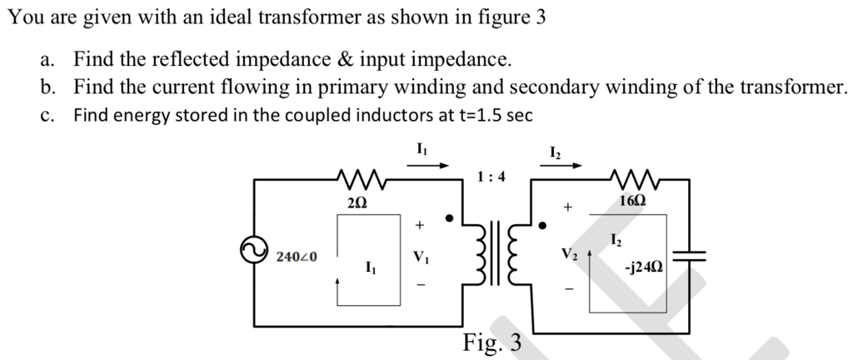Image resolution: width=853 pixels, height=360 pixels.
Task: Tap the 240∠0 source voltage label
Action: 297,256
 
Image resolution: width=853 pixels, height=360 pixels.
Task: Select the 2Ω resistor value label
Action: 354,202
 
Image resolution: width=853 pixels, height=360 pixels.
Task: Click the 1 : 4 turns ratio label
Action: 491,177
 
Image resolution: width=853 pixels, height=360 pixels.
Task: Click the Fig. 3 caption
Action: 491,342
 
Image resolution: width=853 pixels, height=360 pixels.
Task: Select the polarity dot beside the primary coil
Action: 449,220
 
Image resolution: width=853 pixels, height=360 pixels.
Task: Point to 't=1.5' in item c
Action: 477,116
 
